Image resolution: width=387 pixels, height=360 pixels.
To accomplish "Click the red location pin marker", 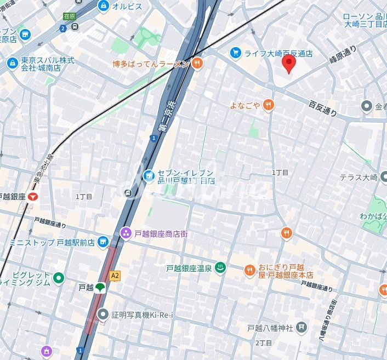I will tap(289, 64).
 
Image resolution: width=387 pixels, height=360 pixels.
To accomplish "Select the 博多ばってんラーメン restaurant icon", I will tap(197, 64).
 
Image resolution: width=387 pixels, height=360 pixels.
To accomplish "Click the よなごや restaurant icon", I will tap(268, 105).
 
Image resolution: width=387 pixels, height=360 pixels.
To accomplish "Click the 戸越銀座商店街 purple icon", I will tap(126, 233).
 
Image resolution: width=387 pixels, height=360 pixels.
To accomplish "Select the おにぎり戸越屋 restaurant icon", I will tap(250, 270).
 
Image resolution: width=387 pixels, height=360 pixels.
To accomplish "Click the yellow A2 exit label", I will tap(115, 276).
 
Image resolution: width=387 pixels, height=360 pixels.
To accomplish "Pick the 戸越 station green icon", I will tap(100, 287).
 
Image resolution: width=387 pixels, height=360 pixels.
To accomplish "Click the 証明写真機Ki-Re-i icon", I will tap(103, 313).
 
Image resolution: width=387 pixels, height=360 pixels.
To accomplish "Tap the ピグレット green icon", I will tap(59, 278).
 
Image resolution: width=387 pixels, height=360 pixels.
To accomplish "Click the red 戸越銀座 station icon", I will tap(34, 196).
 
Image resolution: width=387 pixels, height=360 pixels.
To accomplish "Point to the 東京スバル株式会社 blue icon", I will tap(13, 64).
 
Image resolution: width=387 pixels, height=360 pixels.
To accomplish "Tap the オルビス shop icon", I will tap(103, 6).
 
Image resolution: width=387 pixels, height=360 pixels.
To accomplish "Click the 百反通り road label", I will tap(322, 108).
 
